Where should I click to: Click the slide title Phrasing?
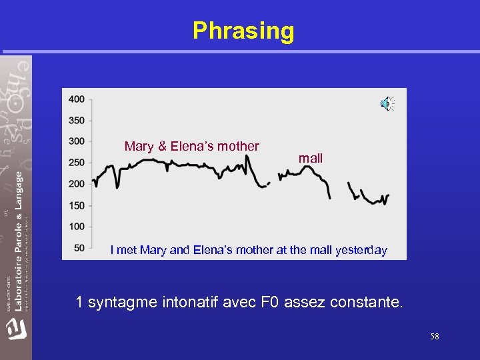[243, 31]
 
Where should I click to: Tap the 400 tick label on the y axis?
[76, 99]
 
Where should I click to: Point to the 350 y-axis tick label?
[76, 121]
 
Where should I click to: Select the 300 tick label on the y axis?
[76, 141]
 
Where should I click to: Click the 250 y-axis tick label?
[76, 163]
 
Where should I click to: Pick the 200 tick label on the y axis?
[76, 184]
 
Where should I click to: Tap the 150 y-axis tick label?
[76, 205]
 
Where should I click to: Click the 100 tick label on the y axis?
[76, 227]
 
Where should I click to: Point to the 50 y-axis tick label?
[79, 248]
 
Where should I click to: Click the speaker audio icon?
[387, 104]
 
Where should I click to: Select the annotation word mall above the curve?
[311, 159]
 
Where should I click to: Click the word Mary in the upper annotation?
[139, 146]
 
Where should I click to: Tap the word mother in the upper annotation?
[239, 146]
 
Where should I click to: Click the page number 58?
[434, 337]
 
